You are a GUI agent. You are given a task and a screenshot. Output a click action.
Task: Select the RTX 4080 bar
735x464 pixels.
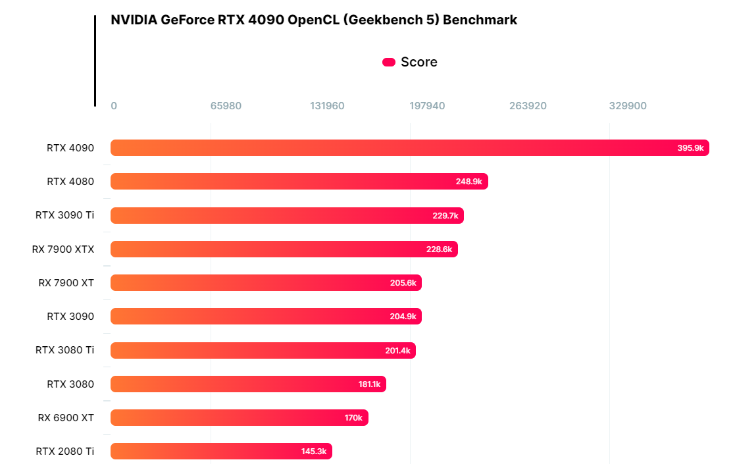tap(299, 182)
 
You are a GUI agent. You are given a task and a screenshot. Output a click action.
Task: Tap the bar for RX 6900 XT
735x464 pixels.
tap(239, 418)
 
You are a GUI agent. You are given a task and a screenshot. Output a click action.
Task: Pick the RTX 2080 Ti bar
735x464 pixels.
tap(221, 451)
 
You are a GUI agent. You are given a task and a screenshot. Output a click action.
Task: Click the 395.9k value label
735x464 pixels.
tap(690, 148)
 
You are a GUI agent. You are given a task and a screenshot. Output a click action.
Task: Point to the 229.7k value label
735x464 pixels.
tap(445, 216)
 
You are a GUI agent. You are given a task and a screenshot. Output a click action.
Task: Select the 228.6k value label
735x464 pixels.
tap(439, 249)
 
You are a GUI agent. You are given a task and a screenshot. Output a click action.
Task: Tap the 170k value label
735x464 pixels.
tap(353, 418)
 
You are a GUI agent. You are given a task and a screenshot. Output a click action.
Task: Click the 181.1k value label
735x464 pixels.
tap(369, 384)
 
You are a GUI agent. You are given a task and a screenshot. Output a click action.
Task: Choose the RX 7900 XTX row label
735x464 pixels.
tap(63, 249)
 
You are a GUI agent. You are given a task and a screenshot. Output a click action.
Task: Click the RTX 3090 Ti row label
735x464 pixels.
tap(64, 215)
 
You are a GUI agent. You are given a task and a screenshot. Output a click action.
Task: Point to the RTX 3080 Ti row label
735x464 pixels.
tap(64, 350)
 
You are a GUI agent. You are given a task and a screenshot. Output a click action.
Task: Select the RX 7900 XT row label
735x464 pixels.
tap(66, 283)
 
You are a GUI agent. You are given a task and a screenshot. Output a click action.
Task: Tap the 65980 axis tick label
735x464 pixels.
tap(226, 106)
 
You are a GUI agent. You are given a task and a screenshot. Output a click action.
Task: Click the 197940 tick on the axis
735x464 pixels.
tap(427, 106)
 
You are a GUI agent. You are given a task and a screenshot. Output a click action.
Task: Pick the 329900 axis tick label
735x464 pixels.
tap(628, 106)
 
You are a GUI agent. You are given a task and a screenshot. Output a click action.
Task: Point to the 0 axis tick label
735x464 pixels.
tap(114, 106)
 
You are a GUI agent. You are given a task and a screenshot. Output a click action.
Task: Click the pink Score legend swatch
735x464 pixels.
tap(389, 63)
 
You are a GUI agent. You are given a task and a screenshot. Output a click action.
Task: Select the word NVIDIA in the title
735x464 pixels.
tap(134, 20)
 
